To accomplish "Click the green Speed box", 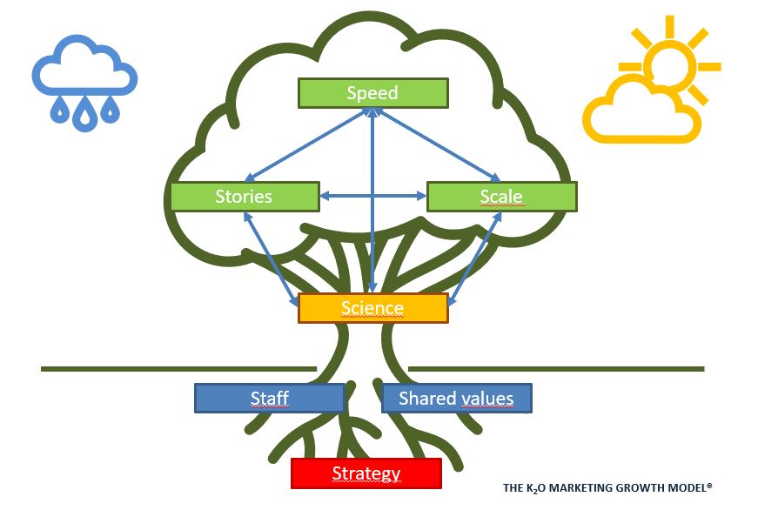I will [372, 93].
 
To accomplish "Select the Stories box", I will [245, 197].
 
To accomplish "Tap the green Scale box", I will [501, 197].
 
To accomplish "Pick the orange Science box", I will [372, 308].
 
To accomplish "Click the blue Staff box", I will [269, 399].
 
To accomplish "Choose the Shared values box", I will [456, 399].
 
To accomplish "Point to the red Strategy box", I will [366, 473].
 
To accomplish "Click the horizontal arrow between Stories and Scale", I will [372, 198].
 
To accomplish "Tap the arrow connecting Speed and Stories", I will [305, 145].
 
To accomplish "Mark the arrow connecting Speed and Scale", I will [439, 145].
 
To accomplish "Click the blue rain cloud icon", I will [84, 68].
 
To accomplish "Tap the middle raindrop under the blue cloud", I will [84, 113].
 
